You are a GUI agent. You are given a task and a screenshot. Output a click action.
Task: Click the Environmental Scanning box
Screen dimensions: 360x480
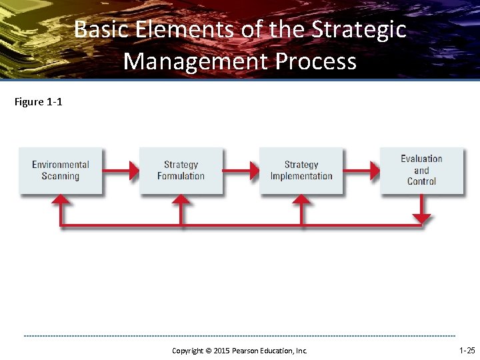point(61,171)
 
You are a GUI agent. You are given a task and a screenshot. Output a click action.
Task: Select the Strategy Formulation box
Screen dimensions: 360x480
point(181,171)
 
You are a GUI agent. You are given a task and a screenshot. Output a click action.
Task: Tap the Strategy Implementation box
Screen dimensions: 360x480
point(301,171)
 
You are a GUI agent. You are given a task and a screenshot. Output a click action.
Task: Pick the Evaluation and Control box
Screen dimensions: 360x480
point(421,170)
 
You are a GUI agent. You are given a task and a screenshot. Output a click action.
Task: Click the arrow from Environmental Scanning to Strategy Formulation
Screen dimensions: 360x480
point(121,171)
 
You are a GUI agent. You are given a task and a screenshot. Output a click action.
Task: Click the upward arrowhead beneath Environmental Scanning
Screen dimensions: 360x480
point(61,199)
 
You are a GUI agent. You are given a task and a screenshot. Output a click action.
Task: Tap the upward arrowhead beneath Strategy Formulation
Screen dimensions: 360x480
point(181,199)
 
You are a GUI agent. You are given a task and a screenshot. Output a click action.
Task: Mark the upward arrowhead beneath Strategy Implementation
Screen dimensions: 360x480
point(301,199)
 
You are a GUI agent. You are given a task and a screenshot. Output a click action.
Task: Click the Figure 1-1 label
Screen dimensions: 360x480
point(38,102)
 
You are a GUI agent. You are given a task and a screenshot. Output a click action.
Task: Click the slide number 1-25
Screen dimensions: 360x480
point(467,350)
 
